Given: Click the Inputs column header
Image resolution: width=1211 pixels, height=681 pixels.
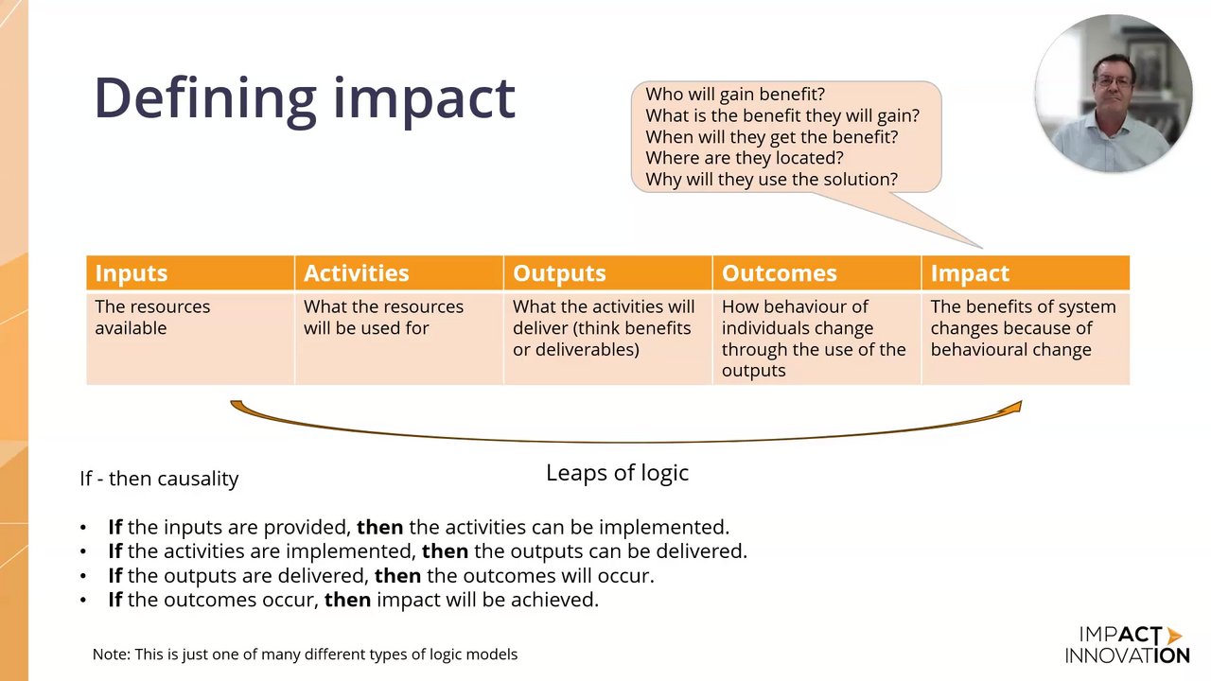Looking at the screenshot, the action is click(x=190, y=273).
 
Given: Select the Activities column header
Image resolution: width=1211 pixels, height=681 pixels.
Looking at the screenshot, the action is click(x=399, y=273).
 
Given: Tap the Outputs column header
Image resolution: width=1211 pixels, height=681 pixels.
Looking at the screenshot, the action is click(x=607, y=273).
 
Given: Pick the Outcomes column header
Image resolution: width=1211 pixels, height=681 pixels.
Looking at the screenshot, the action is click(x=816, y=273).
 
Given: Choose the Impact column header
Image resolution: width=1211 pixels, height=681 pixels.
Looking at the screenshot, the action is click(x=1026, y=273).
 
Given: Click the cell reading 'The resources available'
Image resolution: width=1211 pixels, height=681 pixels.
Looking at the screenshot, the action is click(x=190, y=338).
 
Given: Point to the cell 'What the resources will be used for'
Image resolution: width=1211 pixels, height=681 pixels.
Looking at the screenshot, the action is click(x=399, y=338).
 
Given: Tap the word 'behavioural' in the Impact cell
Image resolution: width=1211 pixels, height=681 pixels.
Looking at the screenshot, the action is click(x=979, y=350).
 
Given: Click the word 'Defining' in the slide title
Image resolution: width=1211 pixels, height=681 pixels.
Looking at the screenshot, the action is click(x=205, y=99).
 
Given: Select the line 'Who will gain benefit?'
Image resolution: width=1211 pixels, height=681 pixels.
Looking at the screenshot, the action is click(x=735, y=95).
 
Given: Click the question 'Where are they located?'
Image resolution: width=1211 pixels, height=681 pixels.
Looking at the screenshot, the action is click(x=745, y=158).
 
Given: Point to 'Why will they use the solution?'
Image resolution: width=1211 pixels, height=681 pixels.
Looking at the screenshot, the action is click(x=771, y=180).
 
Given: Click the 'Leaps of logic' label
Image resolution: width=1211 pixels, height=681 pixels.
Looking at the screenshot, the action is click(x=618, y=473).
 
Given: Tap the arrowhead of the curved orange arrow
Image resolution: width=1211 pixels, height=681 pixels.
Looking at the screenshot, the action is click(x=1013, y=408).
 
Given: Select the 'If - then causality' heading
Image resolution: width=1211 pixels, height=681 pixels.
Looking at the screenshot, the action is click(x=159, y=479).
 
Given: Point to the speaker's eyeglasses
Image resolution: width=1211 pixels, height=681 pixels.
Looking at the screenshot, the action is click(x=1114, y=82).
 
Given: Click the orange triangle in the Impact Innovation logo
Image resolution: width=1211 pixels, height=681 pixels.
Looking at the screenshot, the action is click(x=1174, y=635).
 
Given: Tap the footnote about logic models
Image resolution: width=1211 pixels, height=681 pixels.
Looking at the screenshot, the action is click(x=305, y=655).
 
